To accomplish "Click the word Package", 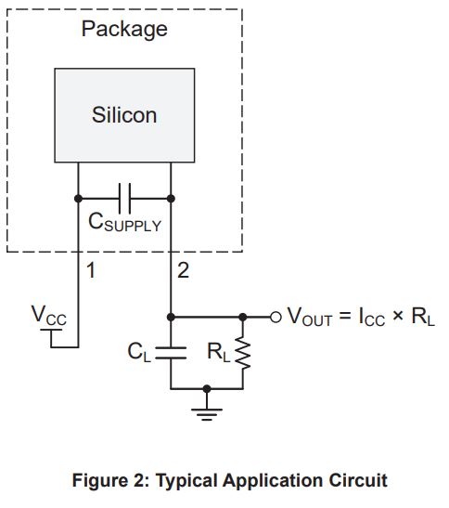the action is [124, 30].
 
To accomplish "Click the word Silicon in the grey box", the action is [124, 114].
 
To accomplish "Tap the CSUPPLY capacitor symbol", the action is [124, 198].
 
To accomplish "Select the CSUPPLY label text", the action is [124, 223].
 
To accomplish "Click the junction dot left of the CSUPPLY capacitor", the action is [78, 198].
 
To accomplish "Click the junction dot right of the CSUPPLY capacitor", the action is [171, 198].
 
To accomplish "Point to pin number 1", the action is [91, 270].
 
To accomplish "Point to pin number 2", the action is [183, 270].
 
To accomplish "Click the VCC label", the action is [49, 316].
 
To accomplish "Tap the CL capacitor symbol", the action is [171, 353].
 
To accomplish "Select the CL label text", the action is [139, 353].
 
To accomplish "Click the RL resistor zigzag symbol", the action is [243, 353].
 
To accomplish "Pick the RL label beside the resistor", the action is [219, 352].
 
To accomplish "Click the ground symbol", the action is [207, 414].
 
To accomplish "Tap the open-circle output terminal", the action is [276, 318].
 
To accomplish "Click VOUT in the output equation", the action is [310, 317].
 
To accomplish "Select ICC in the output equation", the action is [372, 317].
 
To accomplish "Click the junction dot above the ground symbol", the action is [207, 388].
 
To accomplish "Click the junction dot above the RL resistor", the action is [243, 318].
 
